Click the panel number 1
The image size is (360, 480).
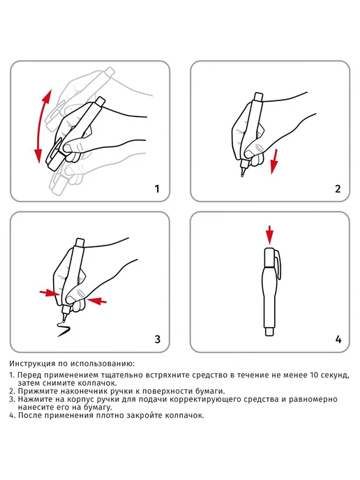pos(157,189)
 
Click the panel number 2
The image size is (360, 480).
pos(338,189)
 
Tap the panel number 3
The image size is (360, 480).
pos(158,339)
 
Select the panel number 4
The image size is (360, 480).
pos(338,339)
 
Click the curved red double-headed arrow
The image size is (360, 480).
pos(39,126)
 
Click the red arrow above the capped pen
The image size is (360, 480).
pos(269,235)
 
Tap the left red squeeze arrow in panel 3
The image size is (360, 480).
pos(50,293)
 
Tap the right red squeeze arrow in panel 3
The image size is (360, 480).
pos(96,301)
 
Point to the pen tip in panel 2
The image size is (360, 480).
pos(243,176)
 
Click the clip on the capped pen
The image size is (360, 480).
pos(278,265)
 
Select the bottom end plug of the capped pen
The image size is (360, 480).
pos(269,332)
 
